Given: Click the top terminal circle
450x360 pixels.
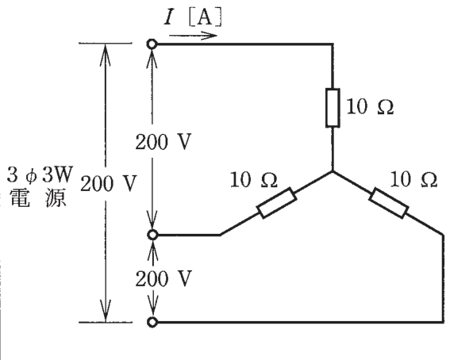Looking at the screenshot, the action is pos(152,44).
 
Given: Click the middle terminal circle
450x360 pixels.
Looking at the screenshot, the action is pos(152,235).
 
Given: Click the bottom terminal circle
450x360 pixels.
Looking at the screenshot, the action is pos(152,322).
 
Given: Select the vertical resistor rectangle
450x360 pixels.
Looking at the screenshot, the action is pos(333,108).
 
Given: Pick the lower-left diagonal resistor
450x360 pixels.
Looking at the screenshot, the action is pos(277,203).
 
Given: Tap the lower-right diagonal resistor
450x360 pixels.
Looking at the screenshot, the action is pos(389,203).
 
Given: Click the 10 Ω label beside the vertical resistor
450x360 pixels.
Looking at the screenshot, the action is pos(370,107).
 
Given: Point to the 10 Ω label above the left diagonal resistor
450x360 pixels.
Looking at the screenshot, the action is pos(254,179).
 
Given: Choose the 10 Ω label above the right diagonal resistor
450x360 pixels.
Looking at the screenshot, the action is pos(413,179).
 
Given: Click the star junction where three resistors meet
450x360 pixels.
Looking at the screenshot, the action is pos(333,171).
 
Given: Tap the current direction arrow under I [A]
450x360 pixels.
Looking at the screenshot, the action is pos(193,36).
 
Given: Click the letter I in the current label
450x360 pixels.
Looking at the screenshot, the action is pos(169,17).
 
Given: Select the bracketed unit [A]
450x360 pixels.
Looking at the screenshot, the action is pos(206,18).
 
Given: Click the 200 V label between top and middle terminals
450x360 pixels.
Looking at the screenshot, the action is pos(163,142).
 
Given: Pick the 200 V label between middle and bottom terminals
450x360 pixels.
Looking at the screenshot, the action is pos(163,278).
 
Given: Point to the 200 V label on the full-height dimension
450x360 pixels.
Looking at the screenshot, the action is pos(108,183).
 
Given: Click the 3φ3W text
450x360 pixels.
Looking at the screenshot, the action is pos(40,174).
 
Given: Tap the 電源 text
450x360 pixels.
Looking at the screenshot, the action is pos(38,197).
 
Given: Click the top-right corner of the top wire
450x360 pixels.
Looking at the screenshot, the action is pos(333,44).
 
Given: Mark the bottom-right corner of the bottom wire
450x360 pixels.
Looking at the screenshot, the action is pos(443,322).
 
